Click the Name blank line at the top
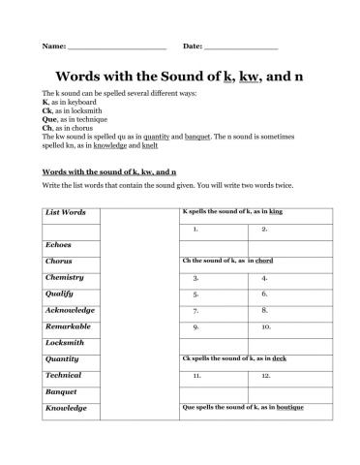click(x=117, y=47)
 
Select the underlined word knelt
click(x=149, y=146)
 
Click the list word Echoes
click(x=58, y=245)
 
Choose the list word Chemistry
click(x=65, y=277)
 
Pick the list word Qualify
click(x=60, y=294)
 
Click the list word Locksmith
click(x=65, y=342)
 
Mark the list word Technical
click(x=63, y=375)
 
